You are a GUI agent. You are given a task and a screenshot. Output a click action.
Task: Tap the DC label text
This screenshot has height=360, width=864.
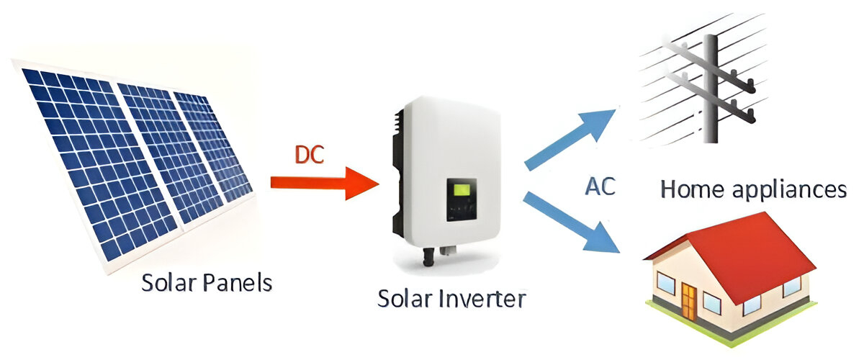point(311,155)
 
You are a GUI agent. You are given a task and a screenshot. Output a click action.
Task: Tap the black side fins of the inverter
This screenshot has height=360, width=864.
point(397,158)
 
